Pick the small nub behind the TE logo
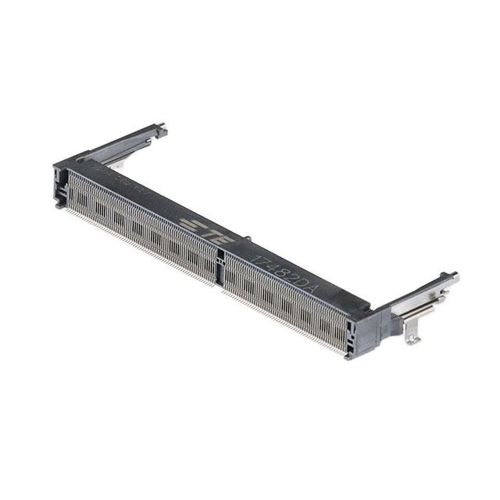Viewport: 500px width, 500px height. point(247,239)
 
